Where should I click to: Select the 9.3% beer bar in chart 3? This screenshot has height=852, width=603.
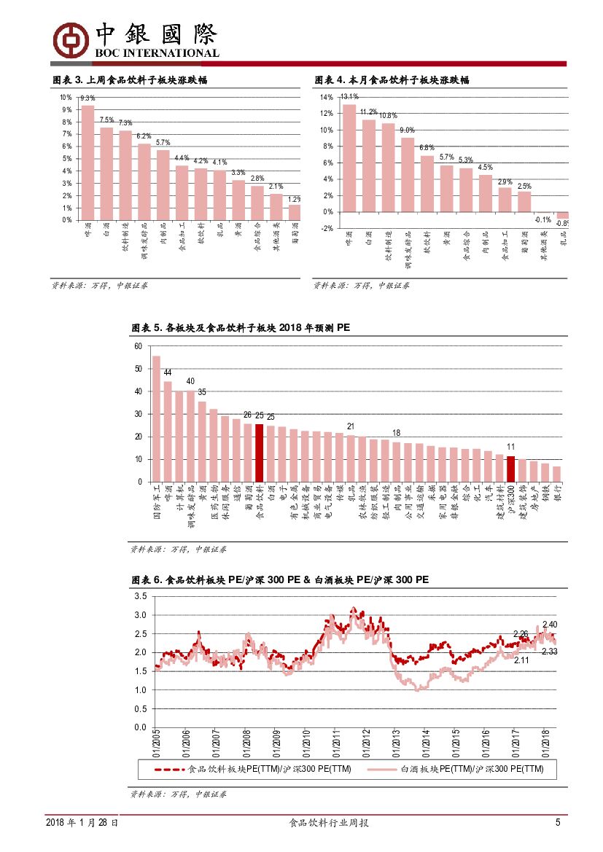pos(87,162)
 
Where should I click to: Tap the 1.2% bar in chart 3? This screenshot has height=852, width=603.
pos(295,212)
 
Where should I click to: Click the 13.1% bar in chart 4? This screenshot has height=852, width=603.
pos(349,157)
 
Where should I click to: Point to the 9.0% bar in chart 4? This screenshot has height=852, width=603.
pos(408,174)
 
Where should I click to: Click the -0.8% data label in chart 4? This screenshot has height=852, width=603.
pos(562,224)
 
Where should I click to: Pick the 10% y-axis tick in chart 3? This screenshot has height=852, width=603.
pos(66,98)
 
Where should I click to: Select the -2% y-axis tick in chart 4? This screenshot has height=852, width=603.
pos(326,228)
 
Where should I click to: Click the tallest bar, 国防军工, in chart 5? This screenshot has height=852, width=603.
pos(156,418)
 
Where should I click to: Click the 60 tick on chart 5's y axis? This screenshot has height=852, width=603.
pos(138,346)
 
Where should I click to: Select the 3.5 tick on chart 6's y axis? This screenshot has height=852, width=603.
pos(140,596)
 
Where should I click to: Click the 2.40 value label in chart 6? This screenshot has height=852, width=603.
pos(550,625)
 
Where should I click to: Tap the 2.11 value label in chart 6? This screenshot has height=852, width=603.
pos(521,660)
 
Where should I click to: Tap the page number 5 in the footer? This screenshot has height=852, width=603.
pos(558,823)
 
